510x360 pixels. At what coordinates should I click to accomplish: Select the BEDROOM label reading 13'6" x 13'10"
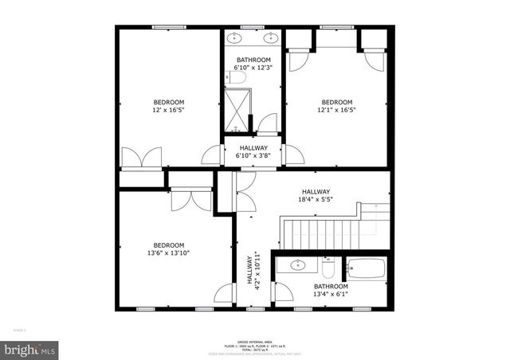click(169, 249)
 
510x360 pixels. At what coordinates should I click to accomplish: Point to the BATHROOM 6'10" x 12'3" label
click(253, 65)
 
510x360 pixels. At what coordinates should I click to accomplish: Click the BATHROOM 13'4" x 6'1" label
click(330, 291)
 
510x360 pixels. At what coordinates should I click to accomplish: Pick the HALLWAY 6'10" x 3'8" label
click(253, 152)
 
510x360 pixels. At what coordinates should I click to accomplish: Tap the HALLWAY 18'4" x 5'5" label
click(315, 196)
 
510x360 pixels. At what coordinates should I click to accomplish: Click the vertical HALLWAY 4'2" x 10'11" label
click(253, 269)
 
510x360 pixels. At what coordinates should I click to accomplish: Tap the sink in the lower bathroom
click(297, 266)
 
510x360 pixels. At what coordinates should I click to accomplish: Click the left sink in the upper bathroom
click(237, 37)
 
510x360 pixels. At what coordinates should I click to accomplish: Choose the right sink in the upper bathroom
click(271, 37)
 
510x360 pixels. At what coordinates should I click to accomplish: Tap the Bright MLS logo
click(30, 349)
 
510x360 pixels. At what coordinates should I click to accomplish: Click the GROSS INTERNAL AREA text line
click(253, 340)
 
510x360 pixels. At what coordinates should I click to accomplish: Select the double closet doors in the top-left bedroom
click(143, 157)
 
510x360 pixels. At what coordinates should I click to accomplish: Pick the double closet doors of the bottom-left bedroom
click(190, 198)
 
